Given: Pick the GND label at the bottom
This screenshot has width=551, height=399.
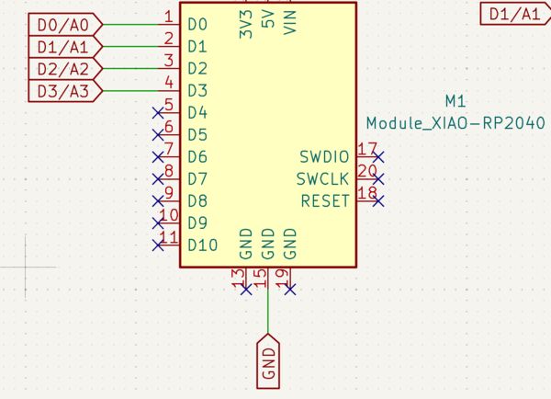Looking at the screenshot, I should [x=268, y=360].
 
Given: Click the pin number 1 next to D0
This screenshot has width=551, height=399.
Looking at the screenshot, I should [x=168, y=16].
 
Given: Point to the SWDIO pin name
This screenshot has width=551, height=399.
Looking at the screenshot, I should [x=323, y=156].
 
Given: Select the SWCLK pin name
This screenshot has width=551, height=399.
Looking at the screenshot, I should [x=322, y=178].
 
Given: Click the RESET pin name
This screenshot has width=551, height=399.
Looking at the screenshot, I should [x=325, y=200].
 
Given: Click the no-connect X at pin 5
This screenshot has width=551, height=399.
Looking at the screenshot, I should [x=157, y=112].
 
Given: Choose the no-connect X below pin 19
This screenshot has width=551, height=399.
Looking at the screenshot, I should [x=290, y=290].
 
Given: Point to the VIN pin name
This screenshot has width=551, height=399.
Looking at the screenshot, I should [x=290, y=20].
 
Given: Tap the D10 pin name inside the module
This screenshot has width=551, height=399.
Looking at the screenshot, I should [x=202, y=245].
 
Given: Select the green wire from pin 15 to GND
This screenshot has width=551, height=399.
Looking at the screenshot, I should [x=268, y=308].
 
